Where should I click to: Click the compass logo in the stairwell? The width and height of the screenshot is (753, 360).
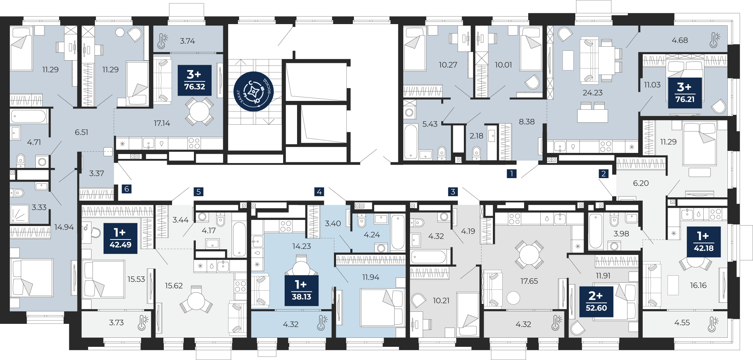click(253, 92)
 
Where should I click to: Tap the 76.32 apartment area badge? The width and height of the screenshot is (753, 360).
click(195, 80)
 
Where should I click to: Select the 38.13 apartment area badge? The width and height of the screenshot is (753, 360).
click(302, 290)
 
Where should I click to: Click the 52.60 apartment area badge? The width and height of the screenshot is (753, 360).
click(596, 302)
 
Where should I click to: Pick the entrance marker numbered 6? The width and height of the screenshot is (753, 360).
click(127, 189)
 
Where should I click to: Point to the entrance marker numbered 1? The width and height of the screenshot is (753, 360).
click(511, 174)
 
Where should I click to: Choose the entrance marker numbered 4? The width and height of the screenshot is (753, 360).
click(319, 192)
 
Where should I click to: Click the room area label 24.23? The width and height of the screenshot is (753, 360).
click(593, 93)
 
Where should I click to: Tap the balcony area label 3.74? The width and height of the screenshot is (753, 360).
click(187, 41)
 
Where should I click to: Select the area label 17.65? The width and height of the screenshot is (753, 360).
click(529, 281)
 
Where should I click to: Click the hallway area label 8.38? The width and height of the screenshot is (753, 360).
click(527, 122)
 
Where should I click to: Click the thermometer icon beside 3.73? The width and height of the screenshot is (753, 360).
click(143, 322)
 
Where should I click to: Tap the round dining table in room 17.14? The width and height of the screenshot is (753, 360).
click(200, 111)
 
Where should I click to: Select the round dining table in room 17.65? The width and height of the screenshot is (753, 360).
click(529, 255)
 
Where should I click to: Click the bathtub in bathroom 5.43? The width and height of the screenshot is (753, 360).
click(411, 141)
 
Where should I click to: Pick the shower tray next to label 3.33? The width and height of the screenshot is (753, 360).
click(19, 214)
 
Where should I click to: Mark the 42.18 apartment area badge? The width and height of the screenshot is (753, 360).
click(704, 242)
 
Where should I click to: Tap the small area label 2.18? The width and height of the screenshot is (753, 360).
click(476, 136)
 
